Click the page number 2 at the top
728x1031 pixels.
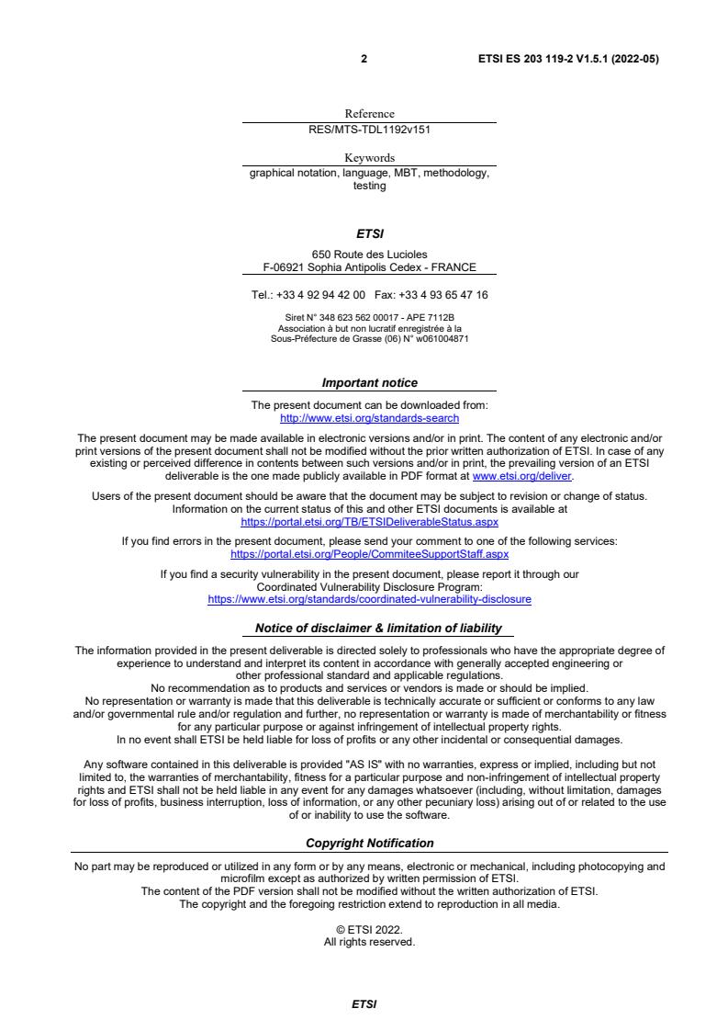[x=364, y=59]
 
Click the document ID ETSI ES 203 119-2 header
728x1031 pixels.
[x=568, y=59]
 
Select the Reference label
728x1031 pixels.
[x=369, y=114]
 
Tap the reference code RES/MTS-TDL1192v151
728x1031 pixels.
[x=369, y=130]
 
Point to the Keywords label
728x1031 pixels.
[x=369, y=158]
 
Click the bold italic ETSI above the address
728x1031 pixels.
[x=369, y=234]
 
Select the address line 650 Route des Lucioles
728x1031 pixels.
[x=369, y=255]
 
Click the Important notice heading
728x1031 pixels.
[x=369, y=382]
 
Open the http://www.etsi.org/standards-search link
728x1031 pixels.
[x=369, y=418]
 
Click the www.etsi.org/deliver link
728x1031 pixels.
[x=521, y=477]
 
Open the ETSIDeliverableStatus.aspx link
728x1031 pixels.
[x=369, y=521]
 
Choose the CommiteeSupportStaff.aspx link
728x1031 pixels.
[x=369, y=554]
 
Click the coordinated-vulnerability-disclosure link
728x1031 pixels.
[x=369, y=599]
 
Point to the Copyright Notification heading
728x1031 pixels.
[x=369, y=843]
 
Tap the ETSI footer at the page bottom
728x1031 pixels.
[x=364, y=1005]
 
